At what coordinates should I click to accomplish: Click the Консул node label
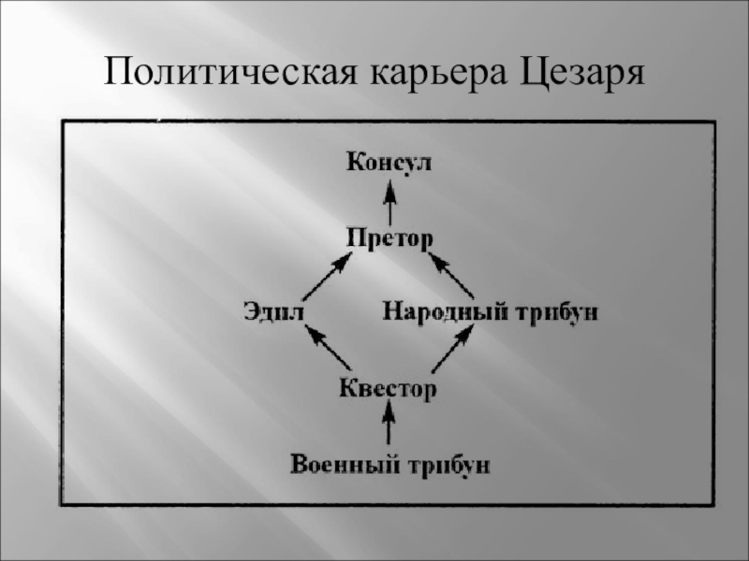point(389,164)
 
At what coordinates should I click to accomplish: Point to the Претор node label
point(389,237)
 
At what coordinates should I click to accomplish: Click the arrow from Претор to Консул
point(389,200)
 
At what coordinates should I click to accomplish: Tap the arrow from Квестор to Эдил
point(329,349)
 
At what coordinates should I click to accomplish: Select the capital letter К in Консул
point(355,163)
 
